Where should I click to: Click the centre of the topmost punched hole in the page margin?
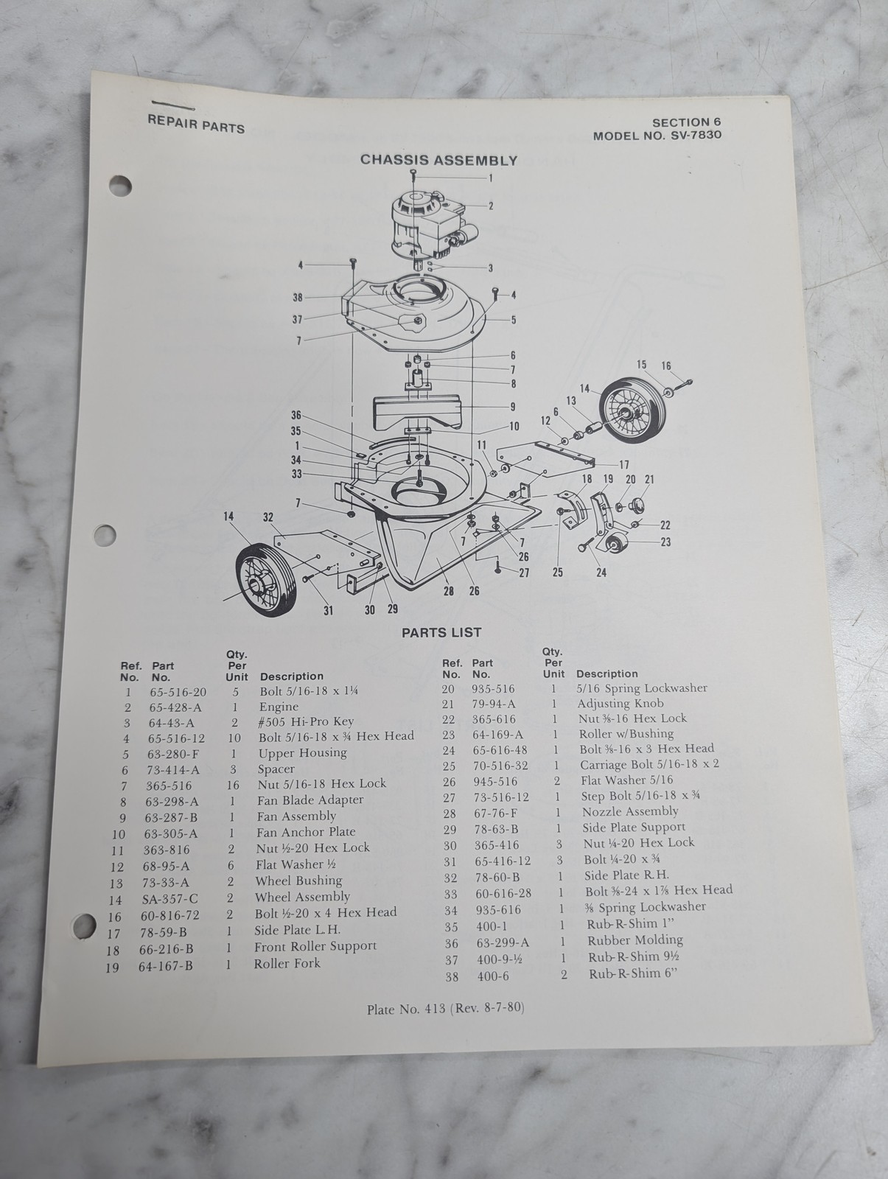[x=120, y=186]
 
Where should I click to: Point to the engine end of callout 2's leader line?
[x=463, y=206]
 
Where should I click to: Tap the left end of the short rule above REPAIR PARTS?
[x=152, y=102]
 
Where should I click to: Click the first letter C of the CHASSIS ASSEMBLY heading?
[x=366, y=160]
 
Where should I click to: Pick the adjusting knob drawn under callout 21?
[x=637, y=504]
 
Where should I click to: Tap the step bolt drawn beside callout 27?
[x=498, y=566]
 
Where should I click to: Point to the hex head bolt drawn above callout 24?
[x=587, y=544]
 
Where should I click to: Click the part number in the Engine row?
[x=175, y=707]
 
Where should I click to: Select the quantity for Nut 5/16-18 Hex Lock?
[x=233, y=786]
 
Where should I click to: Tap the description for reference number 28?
[x=630, y=811]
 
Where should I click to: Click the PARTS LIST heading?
[x=441, y=633]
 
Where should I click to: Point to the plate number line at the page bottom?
[x=445, y=1008]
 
